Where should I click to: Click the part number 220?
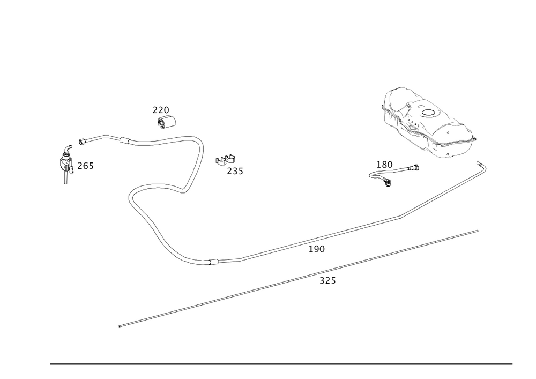point(160,110)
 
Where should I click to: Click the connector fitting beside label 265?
point(66,164)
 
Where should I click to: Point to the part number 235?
point(235,172)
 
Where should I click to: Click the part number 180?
point(385,163)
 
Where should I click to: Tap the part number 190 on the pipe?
point(317,249)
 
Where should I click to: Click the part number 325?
point(327,281)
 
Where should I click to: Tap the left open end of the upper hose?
point(79,142)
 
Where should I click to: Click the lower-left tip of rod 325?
point(119,325)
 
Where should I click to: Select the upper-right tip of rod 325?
point(478,231)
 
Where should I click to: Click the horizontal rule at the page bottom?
point(281,363)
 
